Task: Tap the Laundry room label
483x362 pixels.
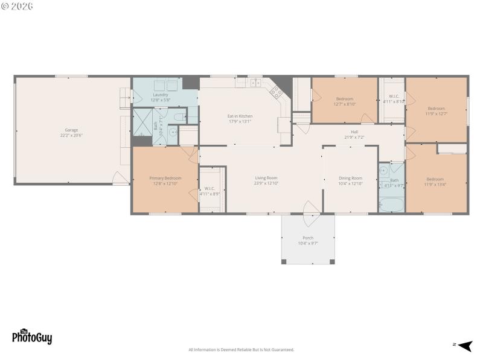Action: (161, 95)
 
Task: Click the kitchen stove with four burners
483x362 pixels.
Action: (277, 92)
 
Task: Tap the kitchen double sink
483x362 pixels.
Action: (255, 82)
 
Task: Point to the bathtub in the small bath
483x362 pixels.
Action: (391, 205)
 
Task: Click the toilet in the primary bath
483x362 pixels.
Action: (179, 117)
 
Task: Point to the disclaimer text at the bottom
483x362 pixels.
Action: (241, 350)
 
